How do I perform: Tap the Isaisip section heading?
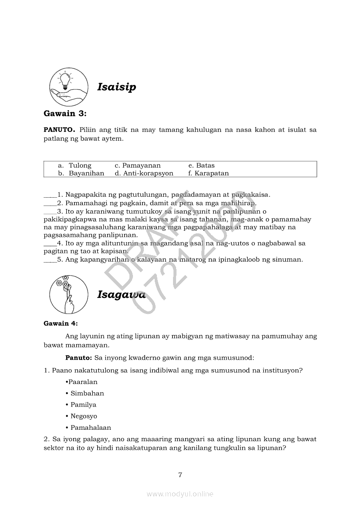pos(116,87)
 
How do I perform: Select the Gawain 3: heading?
pos(65,114)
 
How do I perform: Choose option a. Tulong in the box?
pos(75,165)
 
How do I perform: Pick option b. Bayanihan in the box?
pos(82,173)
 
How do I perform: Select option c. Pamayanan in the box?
pos(138,165)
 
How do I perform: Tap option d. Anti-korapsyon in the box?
pos(144,173)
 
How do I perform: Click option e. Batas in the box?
pos(201,165)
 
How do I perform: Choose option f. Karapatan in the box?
pos(208,173)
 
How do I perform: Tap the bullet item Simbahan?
pos(87,393)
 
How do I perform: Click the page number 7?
pos(180,475)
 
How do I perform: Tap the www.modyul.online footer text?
pos(180,494)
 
